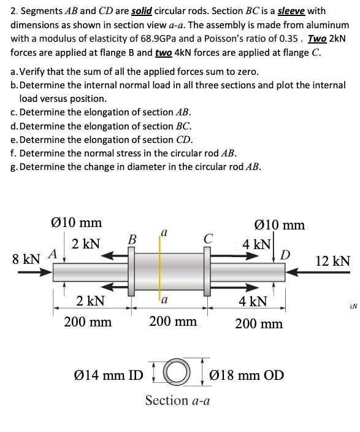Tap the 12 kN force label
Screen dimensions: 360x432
click(333, 260)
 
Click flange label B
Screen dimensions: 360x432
click(130, 239)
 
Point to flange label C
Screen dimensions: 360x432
click(209, 239)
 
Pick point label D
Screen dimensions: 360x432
click(285, 254)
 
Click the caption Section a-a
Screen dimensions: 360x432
click(177, 400)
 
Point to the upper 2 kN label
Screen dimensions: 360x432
click(86, 244)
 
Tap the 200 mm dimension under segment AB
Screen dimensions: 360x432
click(88, 321)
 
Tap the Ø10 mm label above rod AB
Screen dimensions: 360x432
click(75, 222)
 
